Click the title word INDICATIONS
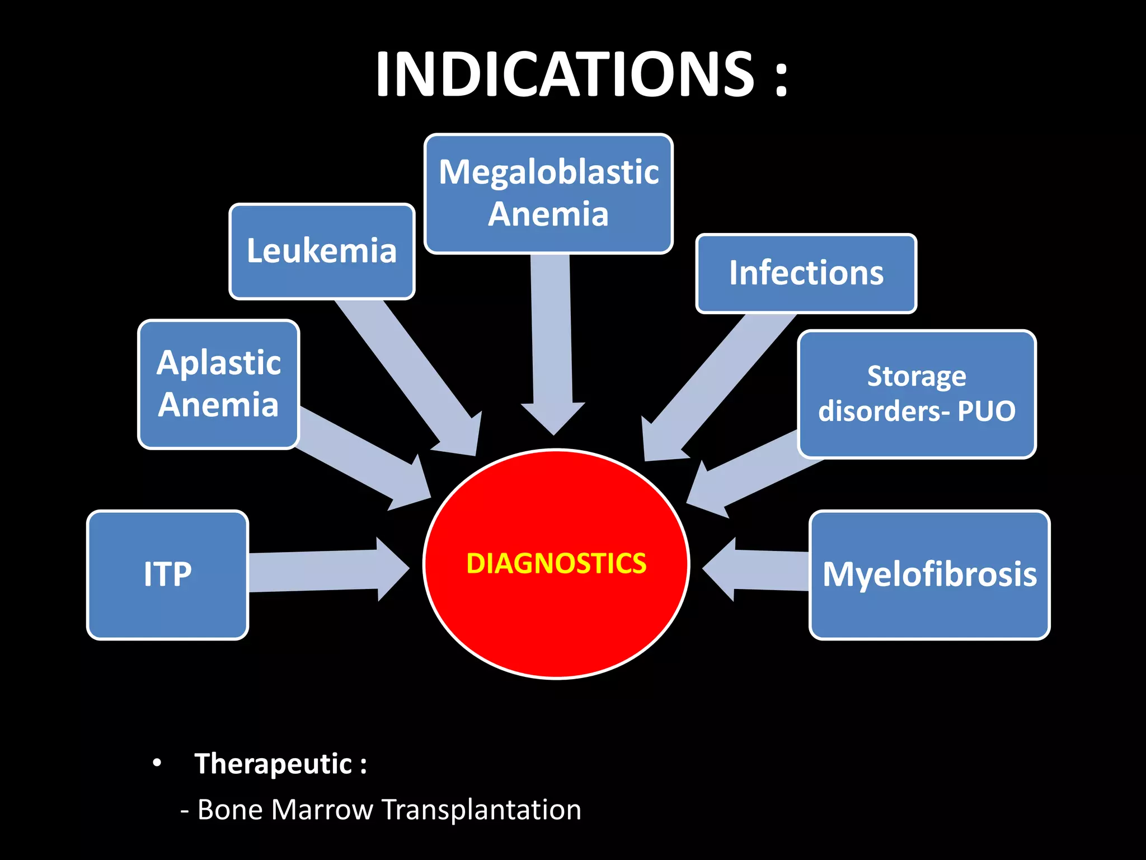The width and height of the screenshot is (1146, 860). [x=565, y=74]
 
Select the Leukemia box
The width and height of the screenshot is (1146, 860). [x=322, y=251]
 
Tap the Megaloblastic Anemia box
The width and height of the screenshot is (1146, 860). [x=548, y=193]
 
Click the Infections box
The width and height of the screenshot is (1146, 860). [x=806, y=273]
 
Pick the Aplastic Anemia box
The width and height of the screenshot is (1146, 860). [x=218, y=384]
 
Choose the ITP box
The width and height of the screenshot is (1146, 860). [x=167, y=574]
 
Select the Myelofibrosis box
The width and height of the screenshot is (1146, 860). [x=929, y=574]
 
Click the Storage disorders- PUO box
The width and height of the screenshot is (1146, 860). [x=917, y=394]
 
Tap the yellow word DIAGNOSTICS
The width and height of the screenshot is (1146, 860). [x=556, y=563]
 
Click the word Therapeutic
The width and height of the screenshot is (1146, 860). [x=273, y=764]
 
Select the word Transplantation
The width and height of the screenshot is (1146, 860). [x=481, y=810]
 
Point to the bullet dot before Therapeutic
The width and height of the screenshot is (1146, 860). [x=157, y=763]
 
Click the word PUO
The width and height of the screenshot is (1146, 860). [x=986, y=411]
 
